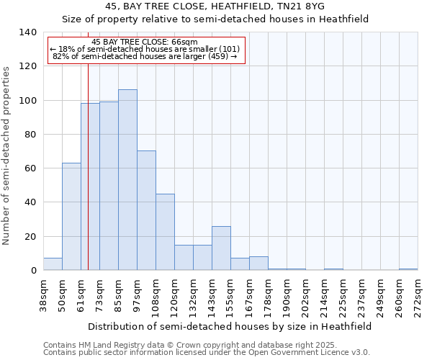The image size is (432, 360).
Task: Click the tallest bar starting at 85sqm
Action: click(127, 180)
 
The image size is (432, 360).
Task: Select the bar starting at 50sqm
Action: click(71, 216)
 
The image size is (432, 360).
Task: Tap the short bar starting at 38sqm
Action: click(53, 264)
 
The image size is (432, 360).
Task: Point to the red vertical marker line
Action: click(88, 180)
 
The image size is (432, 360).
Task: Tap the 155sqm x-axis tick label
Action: click(230, 297)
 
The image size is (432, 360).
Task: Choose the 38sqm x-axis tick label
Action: click(43, 297)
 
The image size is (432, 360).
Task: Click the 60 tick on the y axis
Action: click(30, 168)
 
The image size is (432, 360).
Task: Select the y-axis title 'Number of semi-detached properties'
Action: click(7, 156)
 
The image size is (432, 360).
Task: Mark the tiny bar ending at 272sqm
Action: click(408, 269)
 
